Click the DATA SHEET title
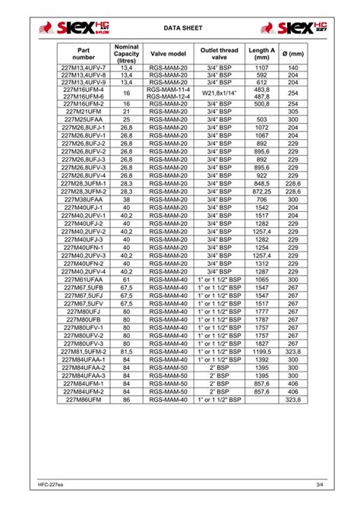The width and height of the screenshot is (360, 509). pyautogui.click(x=179, y=30)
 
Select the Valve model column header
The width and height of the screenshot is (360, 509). pyautogui.click(x=169, y=53)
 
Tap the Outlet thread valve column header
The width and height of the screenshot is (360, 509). pyautogui.click(x=219, y=53)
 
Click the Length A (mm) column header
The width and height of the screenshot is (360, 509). pyautogui.click(x=262, y=53)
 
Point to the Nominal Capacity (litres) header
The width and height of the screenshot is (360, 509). pyautogui.click(x=127, y=53)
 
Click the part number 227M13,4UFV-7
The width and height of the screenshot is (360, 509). pyautogui.click(x=84, y=68)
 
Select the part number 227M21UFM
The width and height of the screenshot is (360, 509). pyautogui.click(x=84, y=112)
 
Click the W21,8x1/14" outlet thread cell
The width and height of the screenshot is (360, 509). pyautogui.click(x=219, y=93)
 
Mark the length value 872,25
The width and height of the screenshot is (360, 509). pyautogui.click(x=262, y=191)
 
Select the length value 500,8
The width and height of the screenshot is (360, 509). pyautogui.click(x=262, y=104)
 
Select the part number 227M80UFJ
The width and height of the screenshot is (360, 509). pyautogui.click(x=84, y=311)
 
